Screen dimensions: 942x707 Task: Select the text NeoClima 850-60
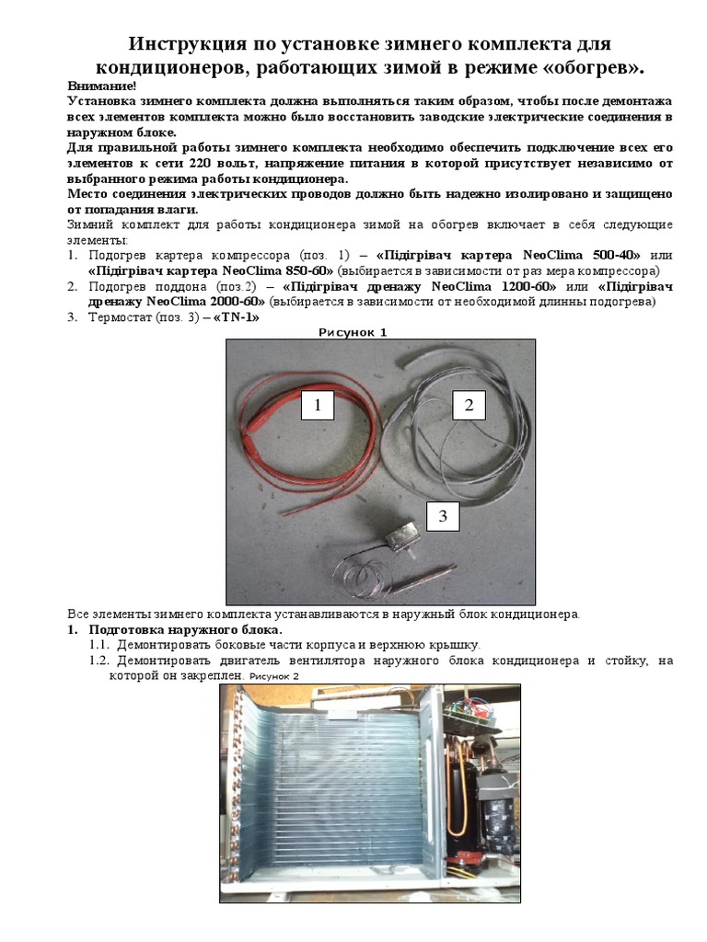pyautogui.click(x=278, y=270)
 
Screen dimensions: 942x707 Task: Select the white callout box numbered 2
pyautogui.click(x=469, y=405)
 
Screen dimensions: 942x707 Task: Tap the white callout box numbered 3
pyautogui.click(x=443, y=517)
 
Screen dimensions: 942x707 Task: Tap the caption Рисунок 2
pyautogui.click(x=273, y=676)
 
